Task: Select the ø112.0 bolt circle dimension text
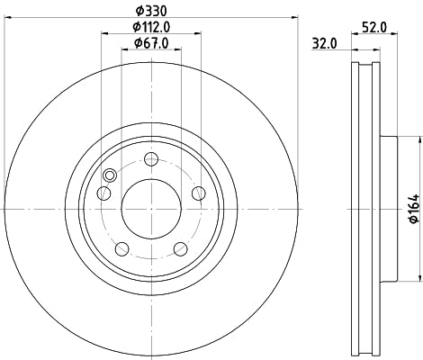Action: tap(149, 26)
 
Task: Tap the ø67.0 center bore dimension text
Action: tap(149, 42)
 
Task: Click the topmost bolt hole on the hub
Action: tap(151, 159)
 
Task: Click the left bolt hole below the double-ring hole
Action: tap(104, 193)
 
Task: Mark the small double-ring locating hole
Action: tap(110, 175)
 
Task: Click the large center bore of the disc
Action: tap(151, 209)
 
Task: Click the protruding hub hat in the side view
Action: tap(388, 209)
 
